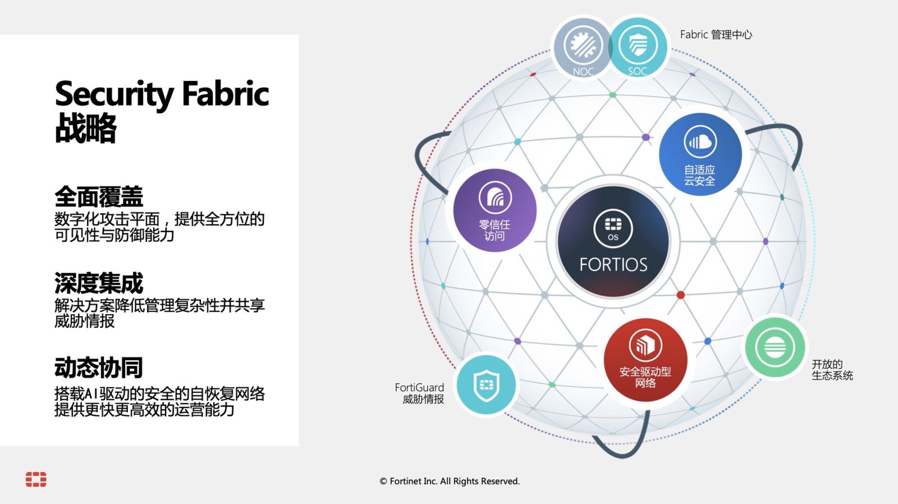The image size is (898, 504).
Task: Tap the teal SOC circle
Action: pos(638,47)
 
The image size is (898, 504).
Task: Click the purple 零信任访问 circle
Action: pos(494,210)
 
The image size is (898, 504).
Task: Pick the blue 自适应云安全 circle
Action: pos(700,154)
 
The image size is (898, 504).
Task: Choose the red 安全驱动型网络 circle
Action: pos(645,360)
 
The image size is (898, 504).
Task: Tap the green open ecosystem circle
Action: pos(775,347)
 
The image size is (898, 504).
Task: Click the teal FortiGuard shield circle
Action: pos(486,385)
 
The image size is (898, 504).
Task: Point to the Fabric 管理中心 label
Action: pos(716,35)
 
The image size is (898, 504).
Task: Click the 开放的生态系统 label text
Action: pos(832,370)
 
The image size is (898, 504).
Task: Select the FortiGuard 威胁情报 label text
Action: pos(419,393)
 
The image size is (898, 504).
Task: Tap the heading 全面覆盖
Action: pos(99,196)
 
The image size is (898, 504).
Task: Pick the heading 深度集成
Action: pos(99,283)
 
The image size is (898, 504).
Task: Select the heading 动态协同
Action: pos(99,367)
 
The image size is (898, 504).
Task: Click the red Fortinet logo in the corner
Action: pos(36,479)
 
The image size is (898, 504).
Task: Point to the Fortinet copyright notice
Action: pos(450,481)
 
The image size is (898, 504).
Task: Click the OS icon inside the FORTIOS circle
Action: pos(613,229)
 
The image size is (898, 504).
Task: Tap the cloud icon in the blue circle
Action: pos(700,141)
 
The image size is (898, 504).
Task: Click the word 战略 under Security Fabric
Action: pos(85,129)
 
